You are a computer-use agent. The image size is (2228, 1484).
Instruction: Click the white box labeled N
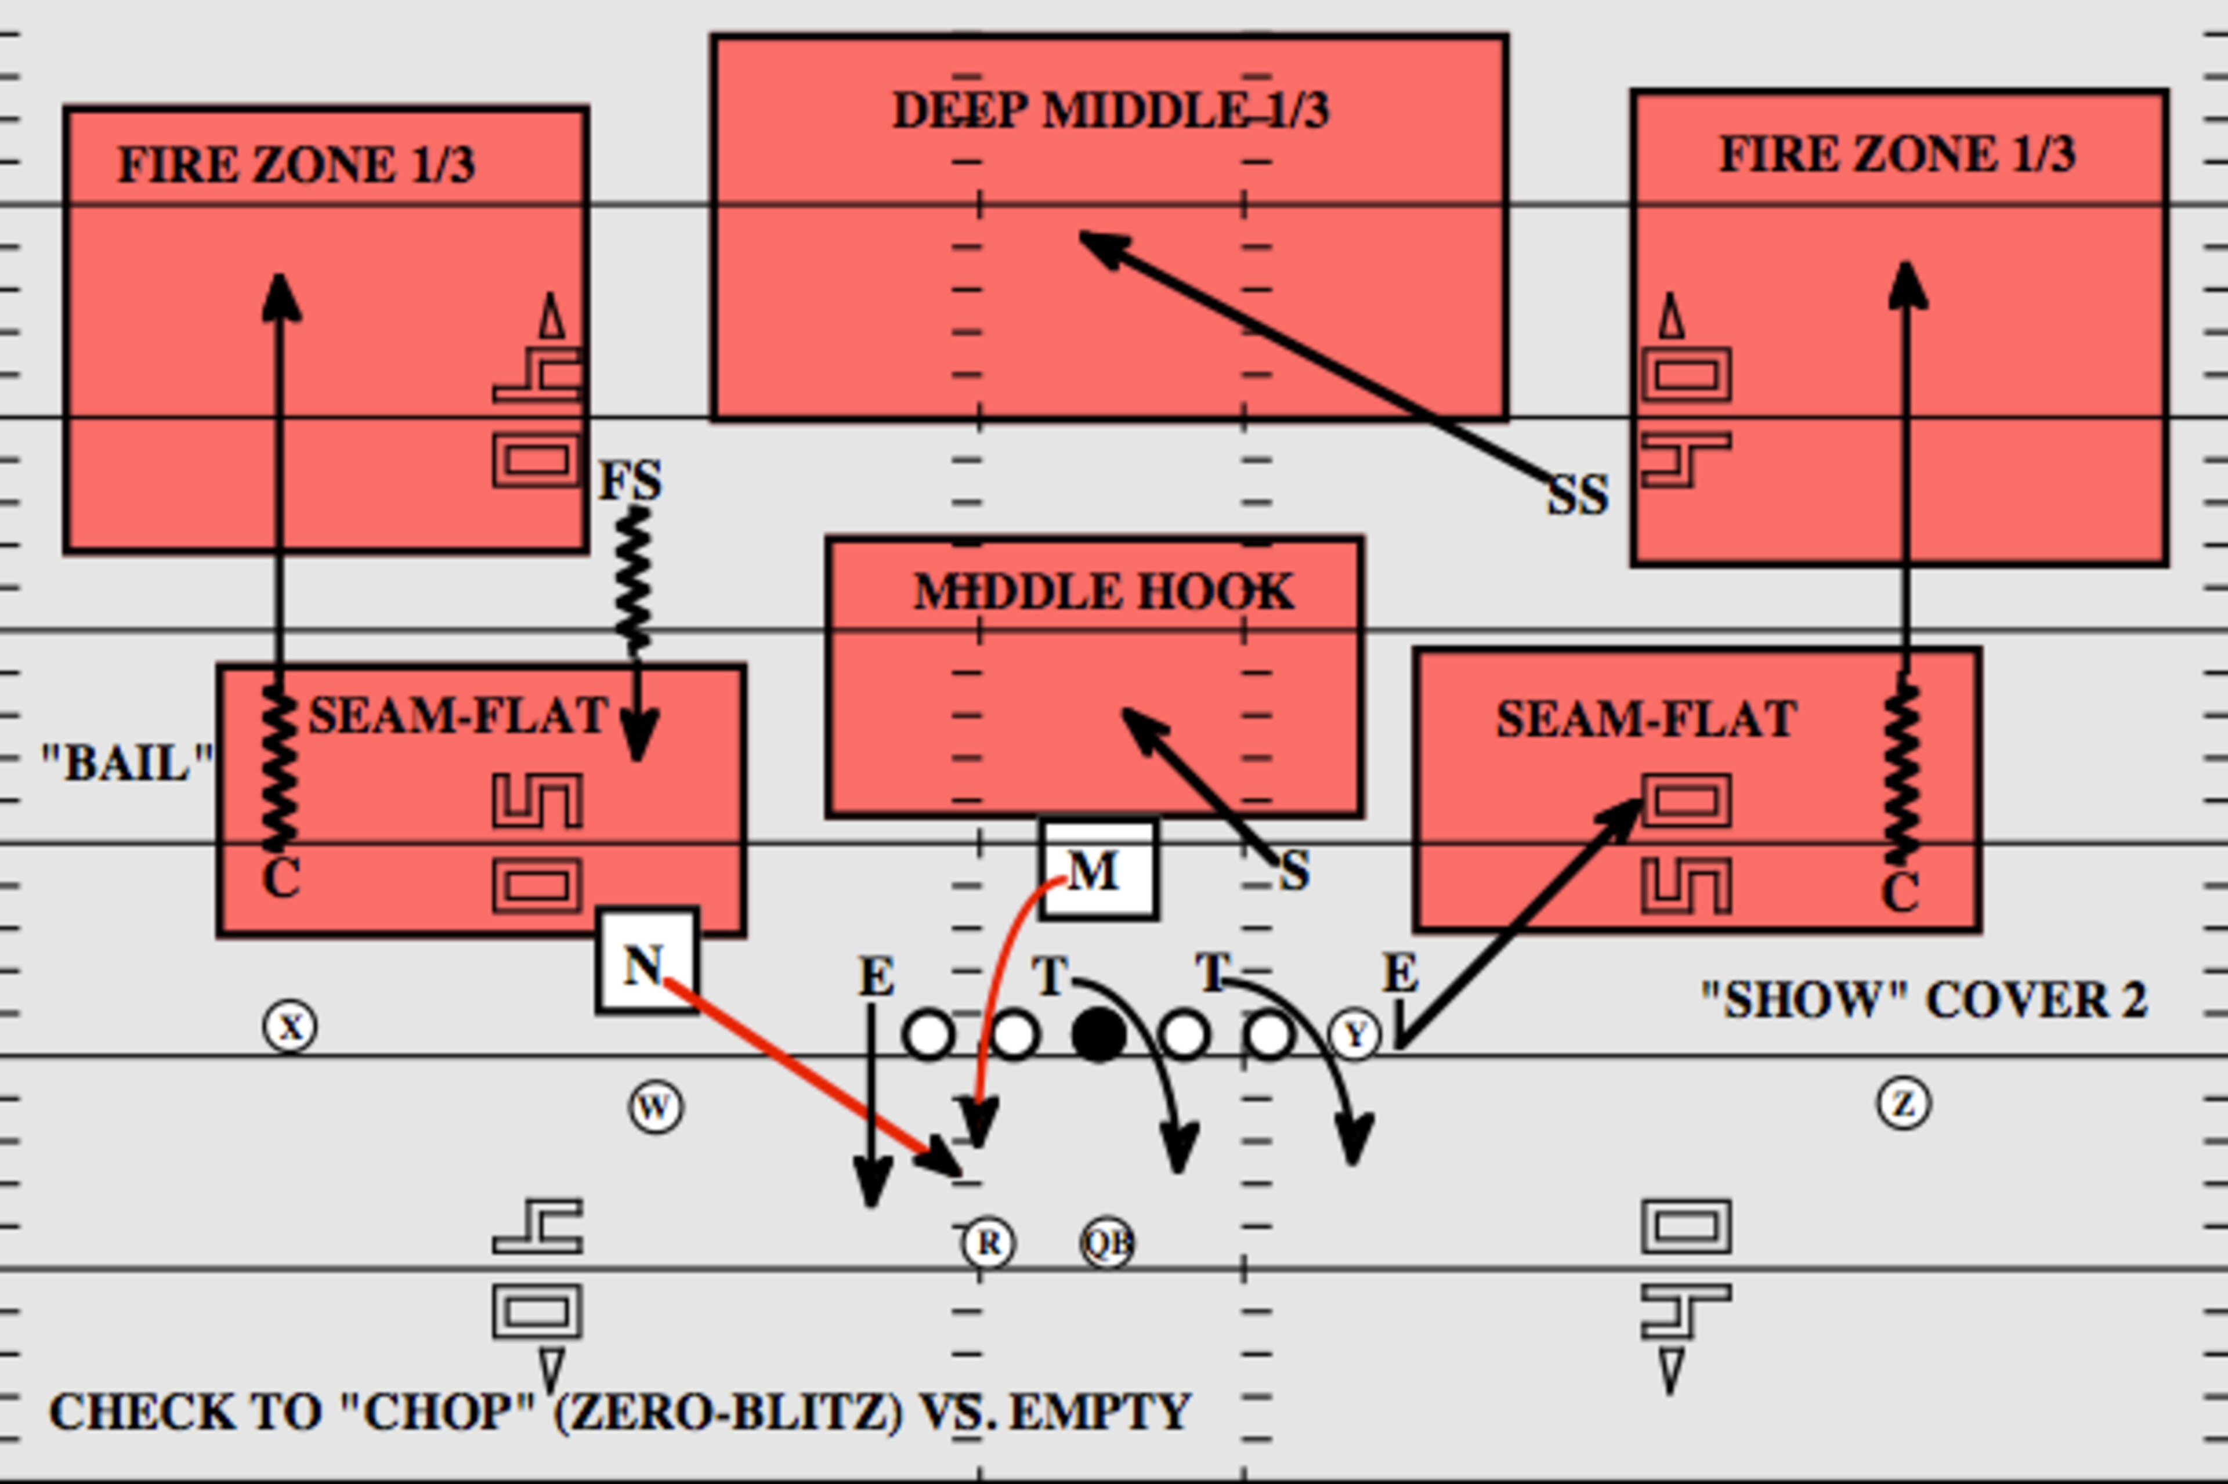[648, 961]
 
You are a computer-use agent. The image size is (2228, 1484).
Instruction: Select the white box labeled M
[1098, 869]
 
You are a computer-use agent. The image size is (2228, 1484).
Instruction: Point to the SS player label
[1578, 495]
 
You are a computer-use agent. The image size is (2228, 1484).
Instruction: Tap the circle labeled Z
[1903, 1103]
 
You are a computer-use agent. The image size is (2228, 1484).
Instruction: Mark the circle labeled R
[988, 1243]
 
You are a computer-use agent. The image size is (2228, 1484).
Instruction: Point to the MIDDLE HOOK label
[1104, 592]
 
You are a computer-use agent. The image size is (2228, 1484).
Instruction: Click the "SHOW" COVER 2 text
[1924, 1000]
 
